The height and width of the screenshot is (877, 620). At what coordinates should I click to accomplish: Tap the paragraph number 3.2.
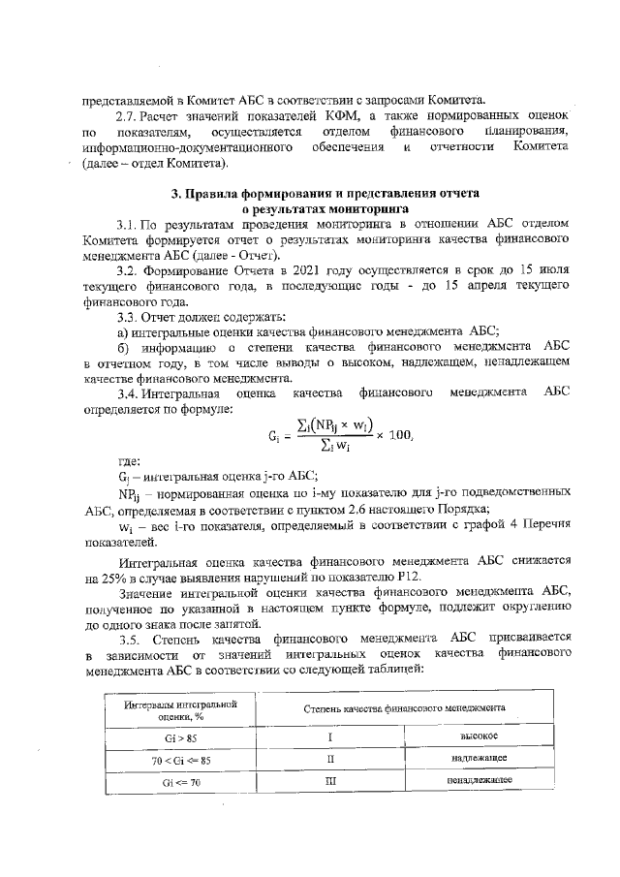click(128, 271)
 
